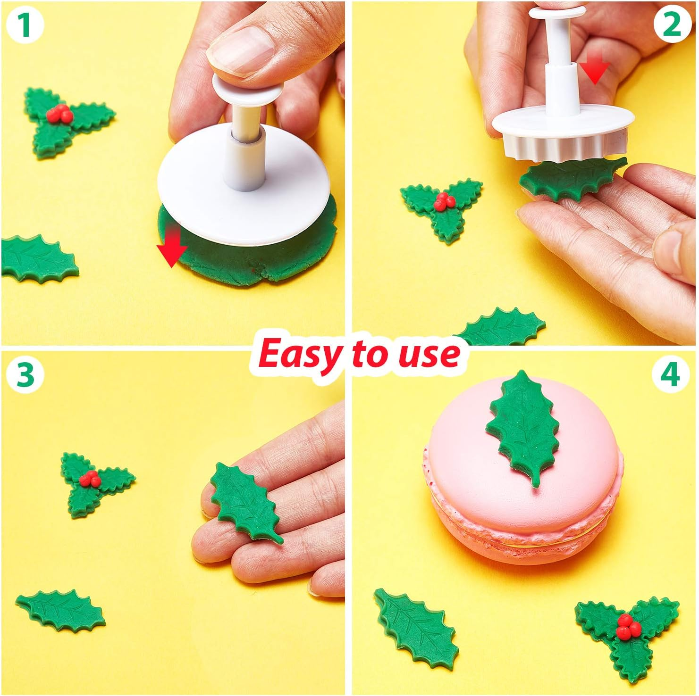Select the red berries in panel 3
pos(89,479)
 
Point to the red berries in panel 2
pos(443,200)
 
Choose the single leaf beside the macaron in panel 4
pos(415,622)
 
